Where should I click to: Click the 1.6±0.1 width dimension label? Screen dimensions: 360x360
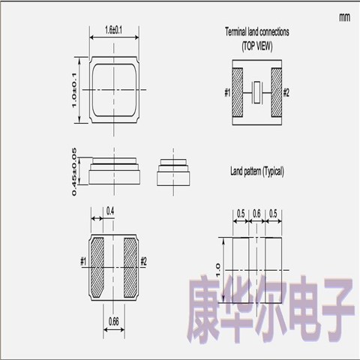(x=114, y=30)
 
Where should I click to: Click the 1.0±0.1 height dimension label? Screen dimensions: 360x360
(x=74, y=90)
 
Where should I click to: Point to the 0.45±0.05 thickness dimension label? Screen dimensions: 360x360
(x=74, y=172)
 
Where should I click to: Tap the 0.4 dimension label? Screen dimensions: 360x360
(x=110, y=211)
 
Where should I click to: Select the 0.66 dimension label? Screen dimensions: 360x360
(x=114, y=321)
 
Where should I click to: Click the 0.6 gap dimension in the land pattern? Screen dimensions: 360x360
(x=256, y=214)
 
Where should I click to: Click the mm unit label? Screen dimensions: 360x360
(x=344, y=17)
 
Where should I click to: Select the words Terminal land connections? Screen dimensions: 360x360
(x=257, y=32)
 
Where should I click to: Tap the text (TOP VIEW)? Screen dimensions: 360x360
(x=257, y=46)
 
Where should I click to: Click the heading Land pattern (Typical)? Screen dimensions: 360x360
(x=257, y=172)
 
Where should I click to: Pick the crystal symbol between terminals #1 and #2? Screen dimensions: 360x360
(x=256, y=92)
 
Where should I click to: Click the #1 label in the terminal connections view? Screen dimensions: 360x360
(x=227, y=93)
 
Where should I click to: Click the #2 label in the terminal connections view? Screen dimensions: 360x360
(x=286, y=93)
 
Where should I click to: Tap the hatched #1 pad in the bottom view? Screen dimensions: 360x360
(x=97, y=267)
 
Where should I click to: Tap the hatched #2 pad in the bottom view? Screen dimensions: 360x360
(x=130, y=267)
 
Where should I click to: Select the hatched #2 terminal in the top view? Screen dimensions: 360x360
(x=277, y=92)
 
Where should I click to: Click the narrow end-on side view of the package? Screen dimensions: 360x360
(x=173, y=172)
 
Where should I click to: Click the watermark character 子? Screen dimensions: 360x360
(x=338, y=310)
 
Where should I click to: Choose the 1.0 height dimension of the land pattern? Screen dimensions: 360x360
(x=218, y=270)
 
